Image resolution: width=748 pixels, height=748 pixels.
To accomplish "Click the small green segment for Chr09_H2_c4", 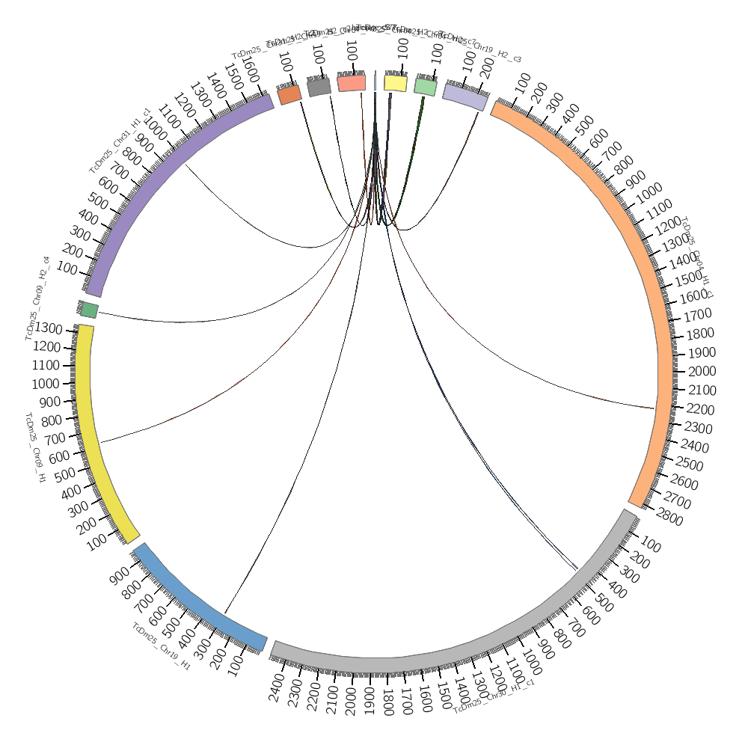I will [89, 310].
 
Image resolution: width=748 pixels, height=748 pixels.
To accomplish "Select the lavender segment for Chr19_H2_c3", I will [465, 96].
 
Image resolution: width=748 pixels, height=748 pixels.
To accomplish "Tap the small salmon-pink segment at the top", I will [352, 83].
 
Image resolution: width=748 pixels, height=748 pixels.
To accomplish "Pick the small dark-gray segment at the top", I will [319, 87].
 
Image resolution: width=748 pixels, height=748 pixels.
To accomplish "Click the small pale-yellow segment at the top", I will [396, 83].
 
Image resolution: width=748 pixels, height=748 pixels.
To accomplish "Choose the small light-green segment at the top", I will [426, 87].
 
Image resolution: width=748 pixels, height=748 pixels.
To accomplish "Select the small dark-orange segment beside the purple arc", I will [289, 95].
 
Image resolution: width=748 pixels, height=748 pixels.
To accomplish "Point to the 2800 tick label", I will [670, 518].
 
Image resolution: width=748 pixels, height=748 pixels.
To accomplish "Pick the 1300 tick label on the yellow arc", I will [49, 329].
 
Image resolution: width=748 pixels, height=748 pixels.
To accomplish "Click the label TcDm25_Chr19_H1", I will [161, 645].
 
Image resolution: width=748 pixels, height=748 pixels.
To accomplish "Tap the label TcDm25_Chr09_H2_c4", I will [38, 298].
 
